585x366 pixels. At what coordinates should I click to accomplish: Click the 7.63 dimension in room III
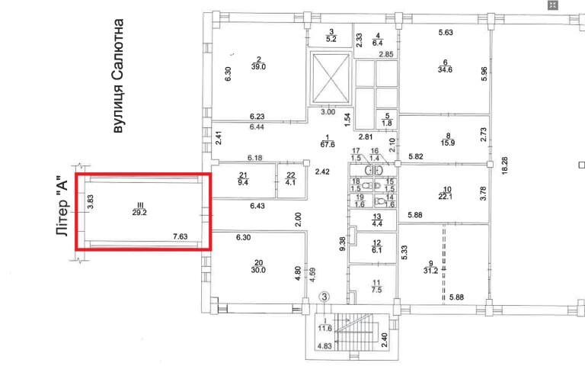point(181,237)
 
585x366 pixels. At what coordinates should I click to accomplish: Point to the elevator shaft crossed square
point(329,78)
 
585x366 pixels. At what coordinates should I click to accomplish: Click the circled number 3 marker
point(324,296)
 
